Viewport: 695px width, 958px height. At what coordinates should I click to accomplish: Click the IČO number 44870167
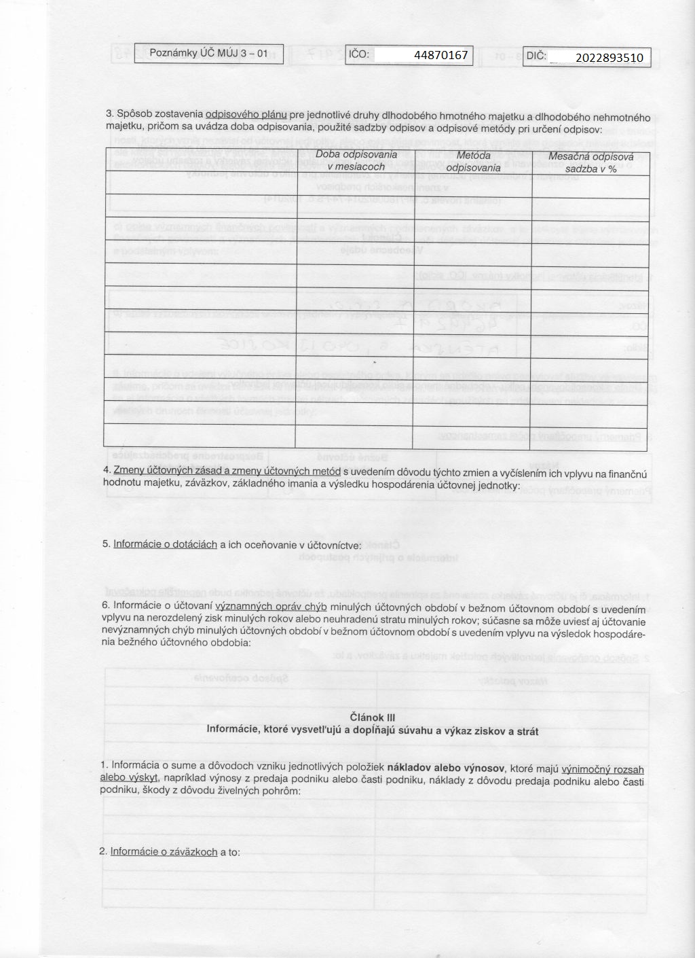pos(441,55)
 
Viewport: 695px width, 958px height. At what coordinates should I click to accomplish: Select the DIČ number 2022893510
pos(609,58)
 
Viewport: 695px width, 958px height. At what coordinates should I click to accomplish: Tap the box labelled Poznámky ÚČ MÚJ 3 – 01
pos(208,53)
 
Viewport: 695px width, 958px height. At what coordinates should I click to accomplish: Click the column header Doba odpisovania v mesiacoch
pos(356,160)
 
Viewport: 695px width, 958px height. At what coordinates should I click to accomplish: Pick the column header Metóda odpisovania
pos(473,162)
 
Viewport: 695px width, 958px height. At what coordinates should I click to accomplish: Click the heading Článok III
pos(372,717)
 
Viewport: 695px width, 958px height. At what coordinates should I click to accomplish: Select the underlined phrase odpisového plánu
pos(246,114)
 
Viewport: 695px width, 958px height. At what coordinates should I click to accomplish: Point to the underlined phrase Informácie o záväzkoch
pos(164,851)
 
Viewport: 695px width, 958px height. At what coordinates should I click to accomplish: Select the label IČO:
pos(359,54)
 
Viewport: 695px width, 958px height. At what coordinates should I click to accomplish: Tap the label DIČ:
pos(536,57)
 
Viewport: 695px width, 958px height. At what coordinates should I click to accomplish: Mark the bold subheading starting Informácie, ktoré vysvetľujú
pos(372,731)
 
